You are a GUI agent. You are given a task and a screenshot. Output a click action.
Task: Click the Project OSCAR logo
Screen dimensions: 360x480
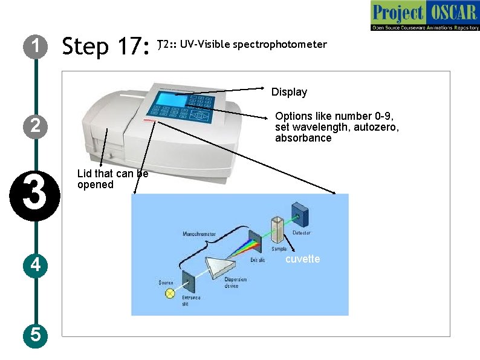click(424, 16)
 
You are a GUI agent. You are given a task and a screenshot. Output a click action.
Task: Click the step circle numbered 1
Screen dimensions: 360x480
click(36, 46)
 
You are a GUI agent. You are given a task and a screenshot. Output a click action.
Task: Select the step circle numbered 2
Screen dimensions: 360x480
click(36, 126)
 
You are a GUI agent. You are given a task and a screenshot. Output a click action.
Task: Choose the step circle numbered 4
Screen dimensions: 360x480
click(36, 265)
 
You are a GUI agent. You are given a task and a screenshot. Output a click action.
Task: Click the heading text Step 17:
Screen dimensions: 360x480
click(106, 46)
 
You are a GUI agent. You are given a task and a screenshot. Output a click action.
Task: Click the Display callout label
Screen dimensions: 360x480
click(289, 92)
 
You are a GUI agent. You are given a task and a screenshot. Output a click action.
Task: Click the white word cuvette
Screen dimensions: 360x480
click(302, 258)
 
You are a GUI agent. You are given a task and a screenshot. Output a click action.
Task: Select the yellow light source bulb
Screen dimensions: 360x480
click(170, 293)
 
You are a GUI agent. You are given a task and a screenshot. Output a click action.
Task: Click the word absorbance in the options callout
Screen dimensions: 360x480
click(303, 138)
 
